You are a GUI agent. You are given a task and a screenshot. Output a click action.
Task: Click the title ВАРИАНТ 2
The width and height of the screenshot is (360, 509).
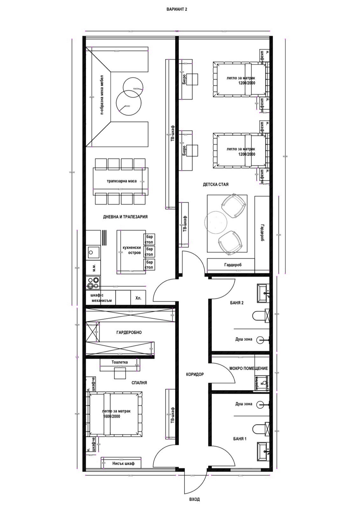point(177,10)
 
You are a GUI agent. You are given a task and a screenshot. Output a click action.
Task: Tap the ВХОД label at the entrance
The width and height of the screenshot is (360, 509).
point(194,499)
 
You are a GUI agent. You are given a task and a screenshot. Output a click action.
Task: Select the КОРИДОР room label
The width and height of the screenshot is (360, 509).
point(195,374)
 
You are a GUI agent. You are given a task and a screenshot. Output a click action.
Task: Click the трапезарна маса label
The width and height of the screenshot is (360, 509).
point(121,181)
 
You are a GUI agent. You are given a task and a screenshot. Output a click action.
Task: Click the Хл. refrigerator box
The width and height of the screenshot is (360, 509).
point(138,298)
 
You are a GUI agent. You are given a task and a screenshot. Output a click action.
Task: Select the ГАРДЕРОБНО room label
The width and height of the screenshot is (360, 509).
point(129,332)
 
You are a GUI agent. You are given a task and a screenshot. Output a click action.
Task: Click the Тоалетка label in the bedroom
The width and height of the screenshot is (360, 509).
point(120,362)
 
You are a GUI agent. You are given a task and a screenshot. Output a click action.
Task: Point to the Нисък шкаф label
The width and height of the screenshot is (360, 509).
point(123,464)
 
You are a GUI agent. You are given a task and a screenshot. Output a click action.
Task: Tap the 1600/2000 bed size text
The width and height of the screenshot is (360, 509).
point(112,416)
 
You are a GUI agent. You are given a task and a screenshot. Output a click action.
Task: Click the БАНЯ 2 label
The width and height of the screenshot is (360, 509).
point(237,303)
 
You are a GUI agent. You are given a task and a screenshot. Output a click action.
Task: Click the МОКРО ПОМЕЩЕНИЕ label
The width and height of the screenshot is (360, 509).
point(248,368)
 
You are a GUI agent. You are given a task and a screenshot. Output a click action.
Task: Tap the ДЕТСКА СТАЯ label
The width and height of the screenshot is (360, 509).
point(216,185)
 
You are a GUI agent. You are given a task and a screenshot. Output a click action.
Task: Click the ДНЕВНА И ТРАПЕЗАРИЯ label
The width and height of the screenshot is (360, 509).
point(125,217)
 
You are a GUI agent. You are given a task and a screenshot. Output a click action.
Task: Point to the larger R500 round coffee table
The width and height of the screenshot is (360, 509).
point(128,103)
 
